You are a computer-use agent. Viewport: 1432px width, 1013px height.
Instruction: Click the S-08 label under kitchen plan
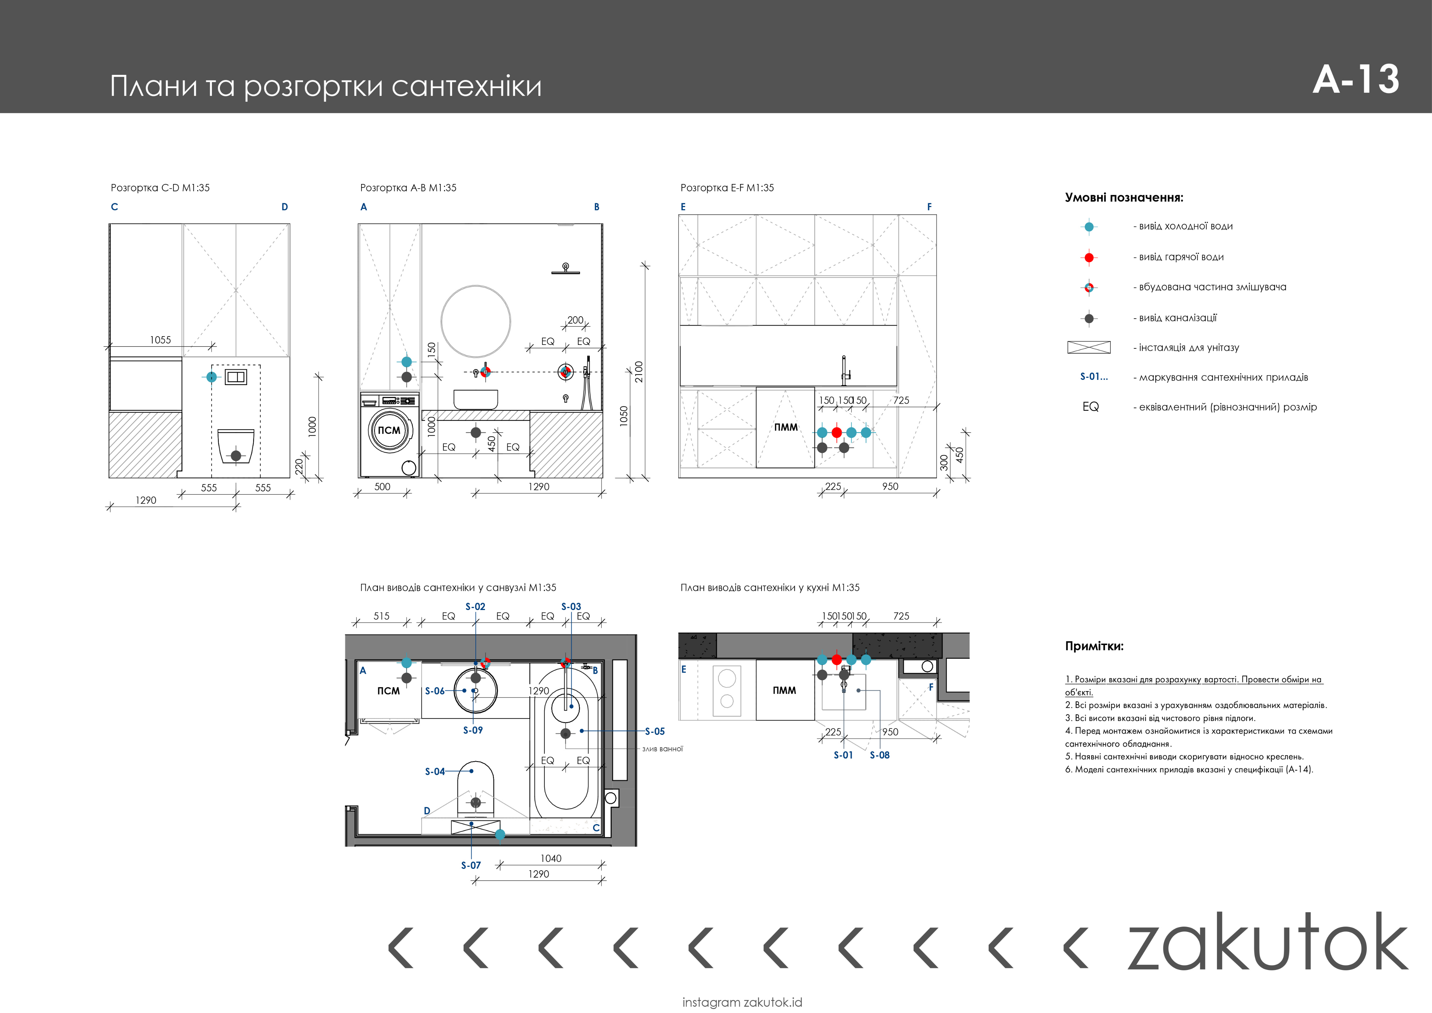click(x=879, y=755)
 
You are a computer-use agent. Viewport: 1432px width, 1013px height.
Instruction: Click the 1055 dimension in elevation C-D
click(x=160, y=340)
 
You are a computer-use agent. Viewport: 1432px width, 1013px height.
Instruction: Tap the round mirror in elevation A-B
click(x=476, y=321)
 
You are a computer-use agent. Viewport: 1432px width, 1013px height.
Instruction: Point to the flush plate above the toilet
click(x=236, y=377)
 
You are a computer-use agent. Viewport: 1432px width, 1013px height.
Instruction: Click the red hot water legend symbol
click(x=1089, y=257)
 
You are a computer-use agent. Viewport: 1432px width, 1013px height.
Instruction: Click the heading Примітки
click(x=1094, y=647)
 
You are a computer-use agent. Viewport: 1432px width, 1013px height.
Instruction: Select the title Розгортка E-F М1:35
click(x=726, y=188)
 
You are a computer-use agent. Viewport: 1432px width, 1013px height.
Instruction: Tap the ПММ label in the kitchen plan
click(x=784, y=690)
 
